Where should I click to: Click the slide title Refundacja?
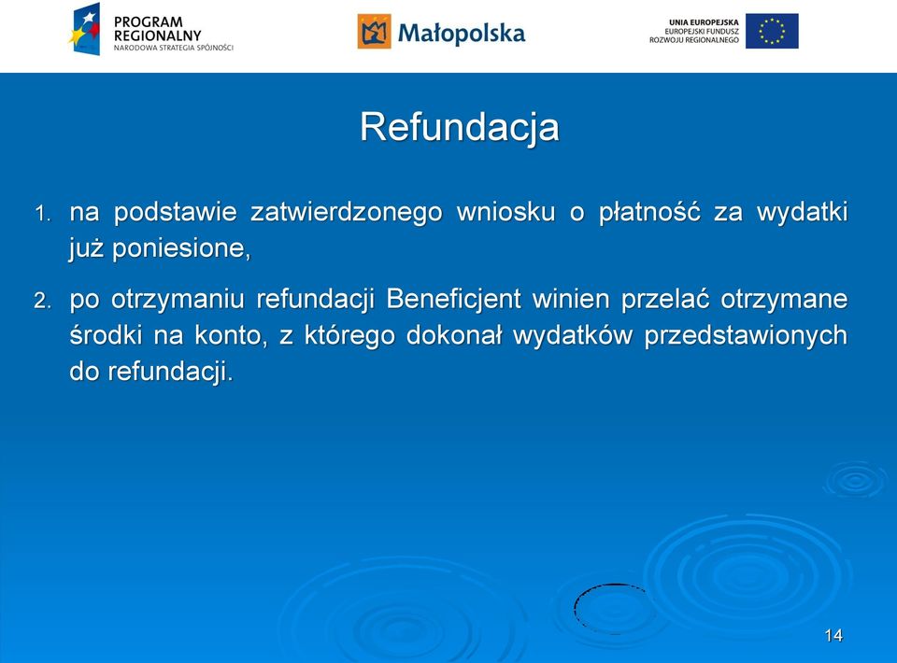460,127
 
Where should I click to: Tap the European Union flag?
772,31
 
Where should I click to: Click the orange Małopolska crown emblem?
374,32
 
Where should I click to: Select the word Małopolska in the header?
461,34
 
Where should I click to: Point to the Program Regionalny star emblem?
85,29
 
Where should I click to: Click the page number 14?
833,636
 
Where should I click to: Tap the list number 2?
42,301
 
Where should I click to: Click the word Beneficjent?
454,299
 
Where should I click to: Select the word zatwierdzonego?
347,213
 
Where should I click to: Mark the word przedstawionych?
746,335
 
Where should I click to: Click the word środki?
106,335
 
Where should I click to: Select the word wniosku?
506,212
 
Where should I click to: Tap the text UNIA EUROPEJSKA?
704,22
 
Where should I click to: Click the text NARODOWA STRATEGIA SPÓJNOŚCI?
174,48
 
